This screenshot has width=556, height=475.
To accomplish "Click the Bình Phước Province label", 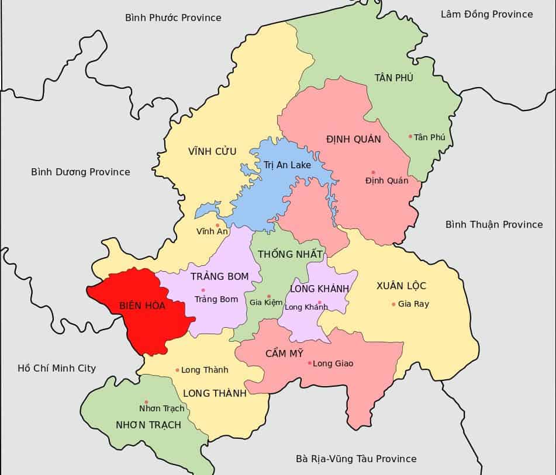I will click(x=173, y=18).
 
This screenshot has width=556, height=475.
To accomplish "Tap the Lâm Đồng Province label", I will click(x=486, y=14).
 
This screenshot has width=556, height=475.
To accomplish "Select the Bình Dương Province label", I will click(x=81, y=172).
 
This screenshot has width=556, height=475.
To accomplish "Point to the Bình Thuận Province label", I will click(x=494, y=224).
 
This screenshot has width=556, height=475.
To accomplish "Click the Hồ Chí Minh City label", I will click(x=57, y=368).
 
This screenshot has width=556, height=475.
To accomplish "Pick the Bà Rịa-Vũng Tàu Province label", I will click(x=356, y=459).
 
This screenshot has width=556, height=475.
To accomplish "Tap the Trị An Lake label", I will click(x=287, y=165).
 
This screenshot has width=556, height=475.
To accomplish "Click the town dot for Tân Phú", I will click(x=410, y=137).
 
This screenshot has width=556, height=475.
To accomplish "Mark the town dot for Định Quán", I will click(x=373, y=172).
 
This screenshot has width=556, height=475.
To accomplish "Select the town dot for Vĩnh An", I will click(x=217, y=225).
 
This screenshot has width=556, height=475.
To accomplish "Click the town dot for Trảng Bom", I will click(x=203, y=290).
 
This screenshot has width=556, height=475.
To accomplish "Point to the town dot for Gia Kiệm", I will click(x=269, y=296).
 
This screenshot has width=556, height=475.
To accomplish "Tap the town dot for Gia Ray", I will click(x=393, y=304).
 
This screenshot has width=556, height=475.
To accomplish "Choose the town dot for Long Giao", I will click(x=309, y=363).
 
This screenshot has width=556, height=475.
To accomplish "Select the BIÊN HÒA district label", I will click(x=142, y=306).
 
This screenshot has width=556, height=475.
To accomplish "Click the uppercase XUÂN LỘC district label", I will click(x=401, y=286).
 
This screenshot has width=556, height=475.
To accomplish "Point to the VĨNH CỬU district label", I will click(x=212, y=151).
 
